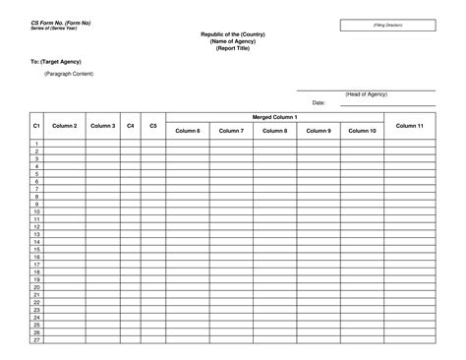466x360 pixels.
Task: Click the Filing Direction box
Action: point(387,24)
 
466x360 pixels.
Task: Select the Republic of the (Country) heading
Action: point(232,33)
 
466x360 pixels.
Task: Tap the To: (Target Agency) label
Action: point(55,61)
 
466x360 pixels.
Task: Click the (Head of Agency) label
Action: point(366,94)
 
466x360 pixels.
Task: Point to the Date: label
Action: point(319,102)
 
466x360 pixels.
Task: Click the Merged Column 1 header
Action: point(274,117)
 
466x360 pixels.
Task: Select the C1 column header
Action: point(36,126)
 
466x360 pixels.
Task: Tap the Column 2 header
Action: point(65,126)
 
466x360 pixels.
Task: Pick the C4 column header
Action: point(130,126)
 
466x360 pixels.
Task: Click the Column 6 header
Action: point(188,130)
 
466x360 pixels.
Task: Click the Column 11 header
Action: point(409,126)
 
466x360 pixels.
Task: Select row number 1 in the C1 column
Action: point(36,144)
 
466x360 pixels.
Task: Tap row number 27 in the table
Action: point(36,340)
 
